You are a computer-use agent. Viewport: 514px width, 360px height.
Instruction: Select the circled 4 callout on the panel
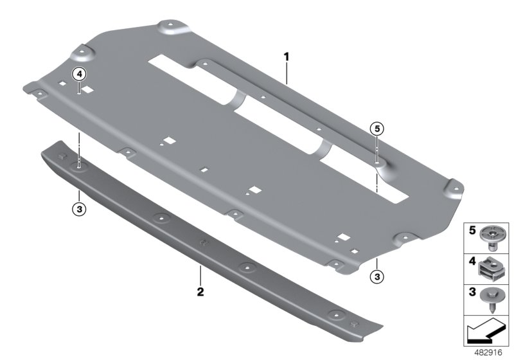[x=79, y=75]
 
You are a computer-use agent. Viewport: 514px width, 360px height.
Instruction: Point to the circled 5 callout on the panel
[x=377, y=129]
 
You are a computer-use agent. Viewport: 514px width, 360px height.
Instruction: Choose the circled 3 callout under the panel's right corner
[x=377, y=276]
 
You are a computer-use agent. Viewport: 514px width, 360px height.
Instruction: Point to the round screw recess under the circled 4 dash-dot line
[x=80, y=165]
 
